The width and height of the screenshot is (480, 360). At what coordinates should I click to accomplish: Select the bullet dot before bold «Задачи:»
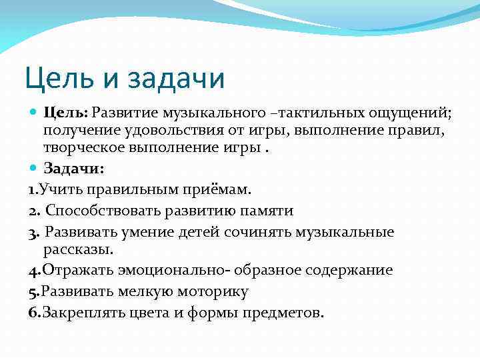tap(35, 167)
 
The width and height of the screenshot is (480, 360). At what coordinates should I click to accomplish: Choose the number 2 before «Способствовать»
tap(33, 211)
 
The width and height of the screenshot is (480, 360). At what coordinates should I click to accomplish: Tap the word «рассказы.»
tap(79, 250)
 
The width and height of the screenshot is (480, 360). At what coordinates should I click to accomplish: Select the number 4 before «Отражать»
tap(33, 270)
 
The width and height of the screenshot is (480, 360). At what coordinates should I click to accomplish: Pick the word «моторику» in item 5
tap(209, 291)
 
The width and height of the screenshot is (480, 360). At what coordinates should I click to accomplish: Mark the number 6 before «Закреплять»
tap(33, 313)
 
